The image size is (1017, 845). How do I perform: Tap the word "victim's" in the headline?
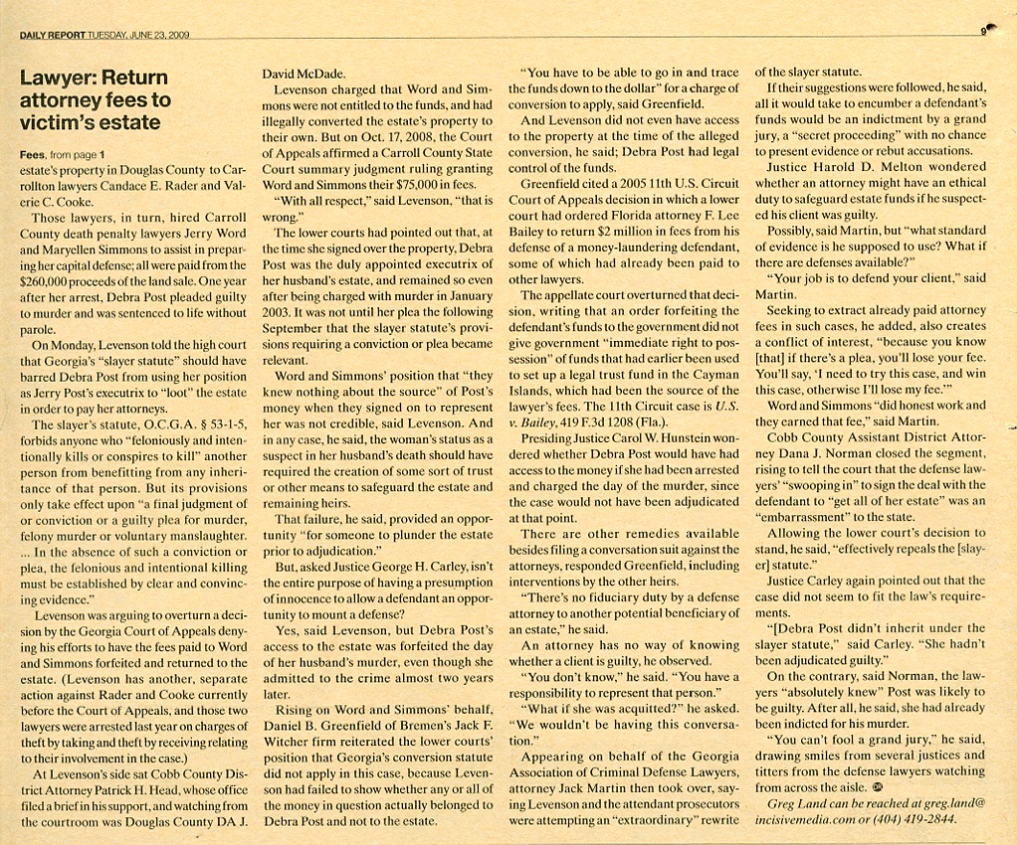point(58,123)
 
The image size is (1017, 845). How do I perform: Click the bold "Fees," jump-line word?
point(34,155)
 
